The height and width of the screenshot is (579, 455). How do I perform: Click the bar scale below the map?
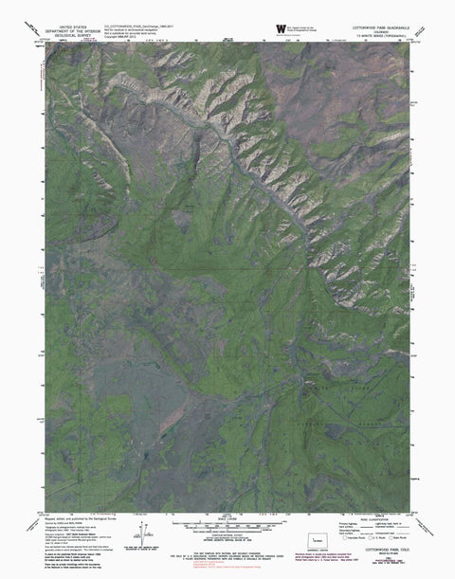227,523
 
